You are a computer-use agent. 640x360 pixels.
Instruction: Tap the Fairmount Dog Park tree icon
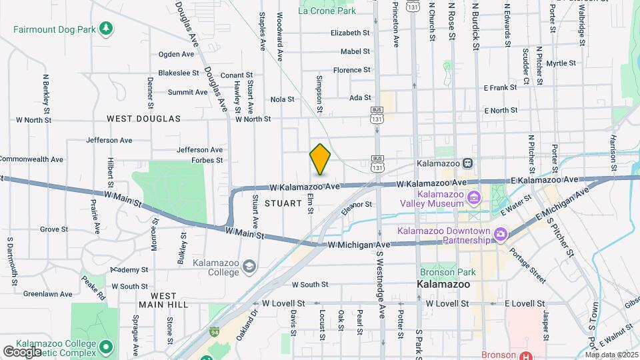click(105, 29)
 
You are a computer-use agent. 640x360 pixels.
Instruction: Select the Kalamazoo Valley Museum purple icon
click(474, 197)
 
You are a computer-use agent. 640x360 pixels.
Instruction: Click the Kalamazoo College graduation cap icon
click(249, 267)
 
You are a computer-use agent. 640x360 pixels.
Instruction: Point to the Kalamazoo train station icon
click(468, 163)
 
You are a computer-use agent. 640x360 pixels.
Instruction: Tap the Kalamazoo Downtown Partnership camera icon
click(501, 233)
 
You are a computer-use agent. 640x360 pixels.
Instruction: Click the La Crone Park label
click(327, 11)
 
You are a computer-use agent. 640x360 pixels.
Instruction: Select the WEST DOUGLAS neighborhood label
click(143, 119)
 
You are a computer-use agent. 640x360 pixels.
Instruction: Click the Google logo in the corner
click(22, 351)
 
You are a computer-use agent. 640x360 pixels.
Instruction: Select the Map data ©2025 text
click(611, 354)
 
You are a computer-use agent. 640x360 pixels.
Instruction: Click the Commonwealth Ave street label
click(31, 159)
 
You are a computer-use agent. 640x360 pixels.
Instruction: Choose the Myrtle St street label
click(561, 63)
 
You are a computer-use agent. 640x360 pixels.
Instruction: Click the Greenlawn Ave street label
click(48, 293)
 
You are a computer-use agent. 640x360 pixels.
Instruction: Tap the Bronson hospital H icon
click(527, 355)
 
